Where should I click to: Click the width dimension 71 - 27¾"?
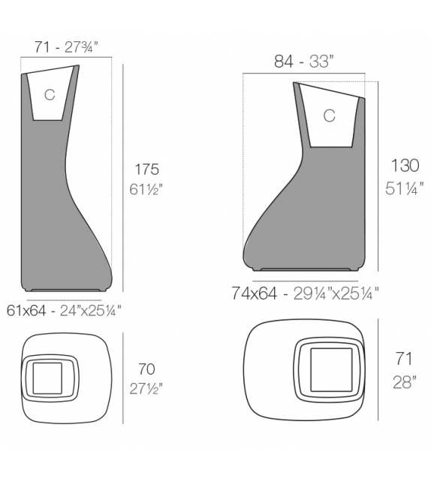[67, 47]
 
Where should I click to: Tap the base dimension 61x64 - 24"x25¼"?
[65, 309]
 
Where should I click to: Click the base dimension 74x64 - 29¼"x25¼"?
[305, 294]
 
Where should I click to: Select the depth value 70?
[146, 369]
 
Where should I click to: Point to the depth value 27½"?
[146, 388]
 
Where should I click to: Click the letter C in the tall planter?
[50, 95]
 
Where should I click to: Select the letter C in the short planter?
[329, 116]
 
